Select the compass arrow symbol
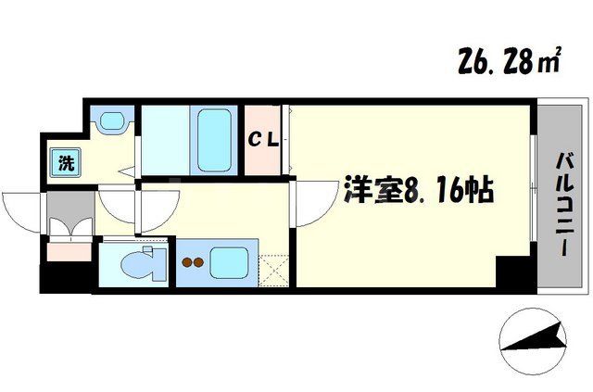coord(532,338)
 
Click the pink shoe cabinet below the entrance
coord(68,248)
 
